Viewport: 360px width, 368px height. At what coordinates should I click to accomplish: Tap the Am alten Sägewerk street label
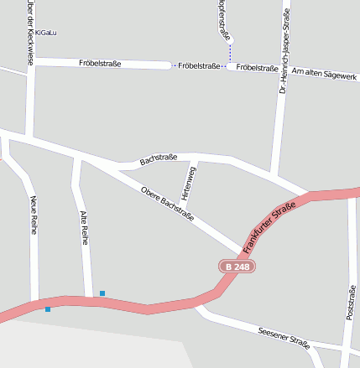coord(324,75)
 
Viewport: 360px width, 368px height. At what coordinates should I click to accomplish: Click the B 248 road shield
coord(237,267)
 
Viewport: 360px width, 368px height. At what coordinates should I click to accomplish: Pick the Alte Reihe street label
coord(83,227)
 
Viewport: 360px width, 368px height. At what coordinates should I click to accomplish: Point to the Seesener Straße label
coord(284,337)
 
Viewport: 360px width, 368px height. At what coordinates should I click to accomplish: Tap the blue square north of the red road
coord(102,293)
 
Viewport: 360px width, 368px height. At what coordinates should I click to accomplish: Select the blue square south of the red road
coord(48,309)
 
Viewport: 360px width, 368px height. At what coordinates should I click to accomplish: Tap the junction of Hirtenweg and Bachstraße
coord(196,159)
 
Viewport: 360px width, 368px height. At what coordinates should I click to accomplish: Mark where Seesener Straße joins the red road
coord(198,307)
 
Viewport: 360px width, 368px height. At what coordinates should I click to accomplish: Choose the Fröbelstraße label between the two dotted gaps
coord(200,65)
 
